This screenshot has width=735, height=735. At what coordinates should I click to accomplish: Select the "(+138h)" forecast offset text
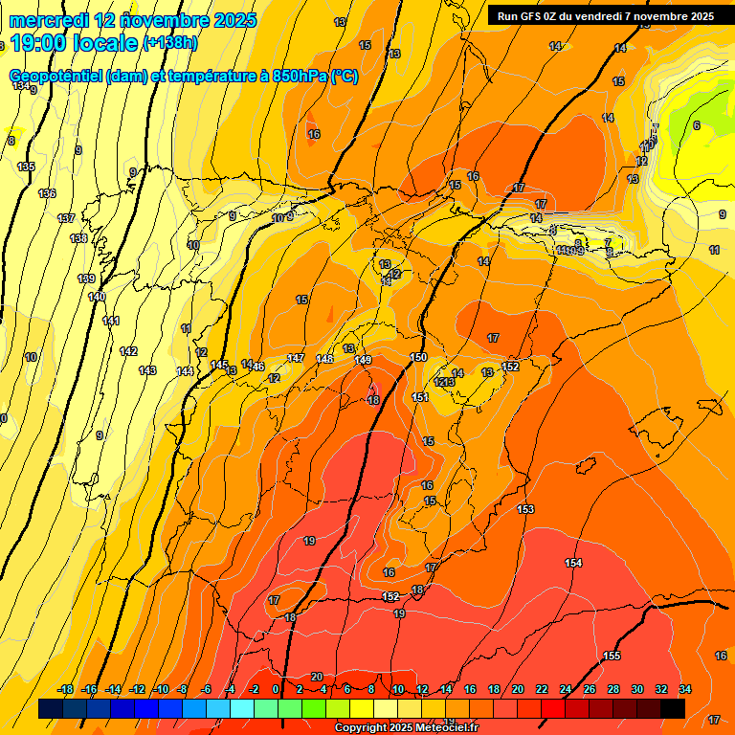[169, 43]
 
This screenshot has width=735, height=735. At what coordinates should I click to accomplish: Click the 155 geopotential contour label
[612, 656]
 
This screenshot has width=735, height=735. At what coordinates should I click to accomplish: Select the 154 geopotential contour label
[573, 563]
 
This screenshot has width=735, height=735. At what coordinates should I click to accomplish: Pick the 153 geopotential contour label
[525, 509]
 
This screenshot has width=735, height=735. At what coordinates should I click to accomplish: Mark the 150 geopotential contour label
[418, 357]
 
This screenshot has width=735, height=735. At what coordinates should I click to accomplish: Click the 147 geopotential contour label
[296, 358]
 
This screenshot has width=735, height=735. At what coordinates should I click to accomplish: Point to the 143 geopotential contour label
[147, 370]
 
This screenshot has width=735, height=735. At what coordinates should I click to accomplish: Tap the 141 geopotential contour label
[111, 321]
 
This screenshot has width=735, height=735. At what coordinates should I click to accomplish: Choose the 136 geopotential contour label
[47, 193]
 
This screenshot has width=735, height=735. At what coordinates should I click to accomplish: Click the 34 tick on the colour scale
[684, 689]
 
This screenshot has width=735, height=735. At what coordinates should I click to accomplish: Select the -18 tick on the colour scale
[66, 689]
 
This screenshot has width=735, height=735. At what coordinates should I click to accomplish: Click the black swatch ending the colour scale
[673, 708]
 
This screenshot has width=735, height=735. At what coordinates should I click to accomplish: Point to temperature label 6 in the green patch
[696, 125]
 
